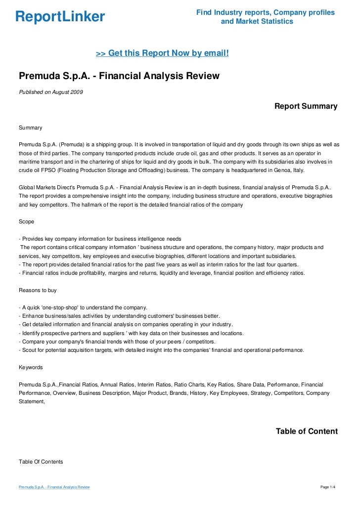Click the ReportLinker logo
pos(60,17)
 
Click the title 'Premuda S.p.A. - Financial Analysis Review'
pos(119,77)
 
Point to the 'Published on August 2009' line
pos(51,91)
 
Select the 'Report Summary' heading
pos(306,106)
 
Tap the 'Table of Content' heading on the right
pos(307,431)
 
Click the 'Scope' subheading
pos(27,221)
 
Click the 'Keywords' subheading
pos(31,367)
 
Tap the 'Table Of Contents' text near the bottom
pos(41,462)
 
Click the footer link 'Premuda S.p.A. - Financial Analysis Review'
pos(54,487)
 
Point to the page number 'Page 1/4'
pos(328,487)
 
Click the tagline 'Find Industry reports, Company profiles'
pos(266,12)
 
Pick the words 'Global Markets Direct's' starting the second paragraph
pos(48,187)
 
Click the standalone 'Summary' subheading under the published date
pos(31,127)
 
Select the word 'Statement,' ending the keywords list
pos(32,401)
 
